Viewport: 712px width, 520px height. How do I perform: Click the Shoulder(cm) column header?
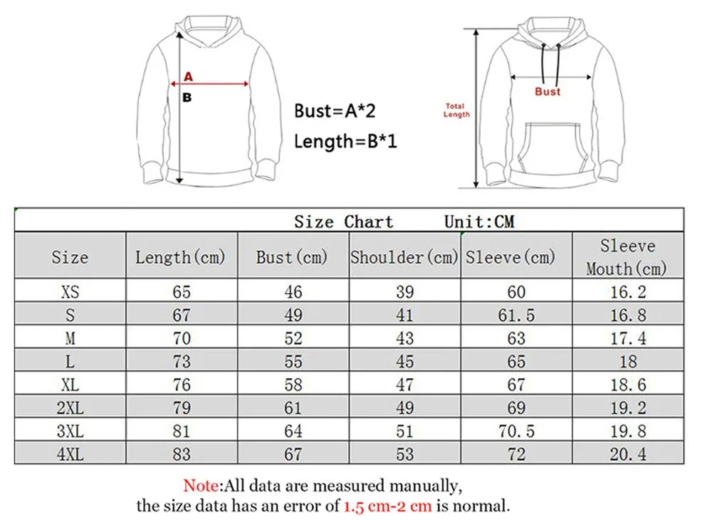click(x=404, y=256)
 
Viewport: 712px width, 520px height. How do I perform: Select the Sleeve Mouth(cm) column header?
click(x=627, y=256)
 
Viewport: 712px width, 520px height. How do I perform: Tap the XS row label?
click(x=70, y=291)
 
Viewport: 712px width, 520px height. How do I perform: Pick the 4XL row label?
click(x=70, y=454)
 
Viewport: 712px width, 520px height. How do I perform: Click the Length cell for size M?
click(x=182, y=338)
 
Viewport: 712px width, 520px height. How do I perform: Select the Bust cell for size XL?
click(x=293, y=384)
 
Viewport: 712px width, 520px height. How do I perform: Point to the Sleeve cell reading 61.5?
click(x=516, y=315)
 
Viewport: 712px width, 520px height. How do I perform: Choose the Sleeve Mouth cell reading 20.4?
click(x=627, y=454)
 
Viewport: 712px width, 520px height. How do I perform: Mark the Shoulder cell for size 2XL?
click(x=404, y=407)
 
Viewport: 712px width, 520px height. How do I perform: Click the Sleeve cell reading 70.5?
click(x=516, y=430)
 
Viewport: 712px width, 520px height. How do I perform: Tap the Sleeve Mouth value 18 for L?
click(x=627, y=361)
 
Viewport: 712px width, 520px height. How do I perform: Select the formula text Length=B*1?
click(x=345, y=141)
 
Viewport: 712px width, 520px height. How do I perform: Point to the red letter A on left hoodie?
click(x=189, y=76)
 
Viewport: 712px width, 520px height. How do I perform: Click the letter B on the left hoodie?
click(x=187, y=98)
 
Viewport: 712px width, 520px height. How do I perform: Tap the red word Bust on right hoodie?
click(x=548, y=91)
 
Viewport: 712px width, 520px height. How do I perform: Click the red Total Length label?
click(x=456, y=110)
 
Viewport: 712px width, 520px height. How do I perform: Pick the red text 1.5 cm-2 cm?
click(x=388, y=507)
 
